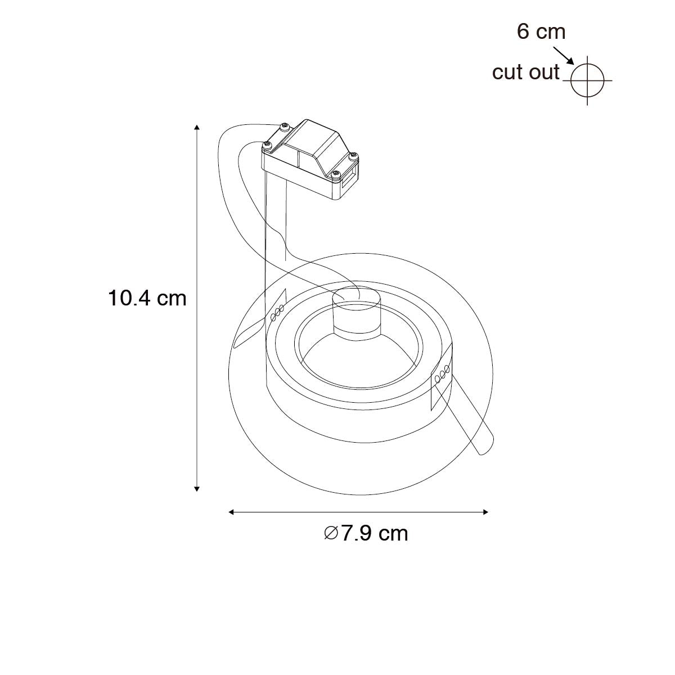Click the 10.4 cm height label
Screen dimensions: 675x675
(147, 299)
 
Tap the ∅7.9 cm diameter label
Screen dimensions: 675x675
(366, 533)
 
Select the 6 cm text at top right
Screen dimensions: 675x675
(541, 31)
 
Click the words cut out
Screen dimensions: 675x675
(526, 72)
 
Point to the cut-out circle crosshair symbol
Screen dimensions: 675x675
(587, 80)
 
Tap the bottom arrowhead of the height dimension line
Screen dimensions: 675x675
(197, 489)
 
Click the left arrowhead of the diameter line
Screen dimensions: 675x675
(231, 512)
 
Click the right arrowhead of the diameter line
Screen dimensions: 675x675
(485, 512)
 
